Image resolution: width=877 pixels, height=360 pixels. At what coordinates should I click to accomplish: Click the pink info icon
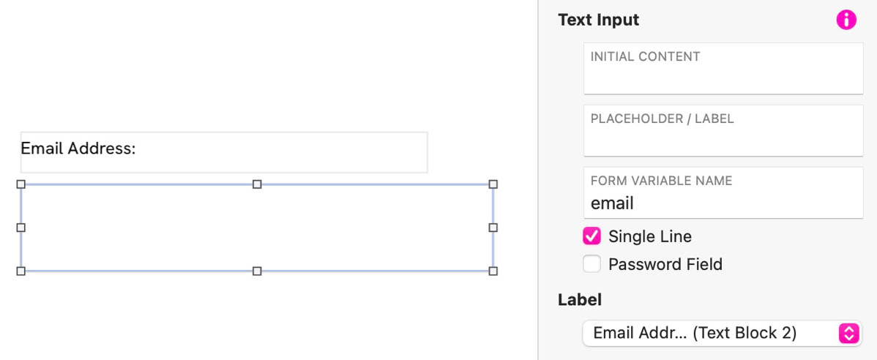coord(846,20)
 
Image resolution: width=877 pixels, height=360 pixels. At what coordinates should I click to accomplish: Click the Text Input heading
coord(599,20)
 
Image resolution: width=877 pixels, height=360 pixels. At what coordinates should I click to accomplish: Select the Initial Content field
coord(723,68)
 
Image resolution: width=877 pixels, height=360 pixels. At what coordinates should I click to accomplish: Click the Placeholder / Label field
coord(723,130)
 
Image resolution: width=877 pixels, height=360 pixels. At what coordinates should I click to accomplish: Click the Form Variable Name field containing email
coord(723,192)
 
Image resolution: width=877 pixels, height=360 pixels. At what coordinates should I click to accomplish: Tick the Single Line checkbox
coord(591,236)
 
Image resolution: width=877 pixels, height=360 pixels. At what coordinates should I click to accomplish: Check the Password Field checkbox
coord(591,263)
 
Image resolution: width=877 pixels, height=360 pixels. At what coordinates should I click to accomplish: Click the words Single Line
coord(650,236)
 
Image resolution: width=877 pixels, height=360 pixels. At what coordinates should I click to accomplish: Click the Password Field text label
coord(665,264)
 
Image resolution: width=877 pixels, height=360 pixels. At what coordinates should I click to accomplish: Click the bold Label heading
coord(580,299)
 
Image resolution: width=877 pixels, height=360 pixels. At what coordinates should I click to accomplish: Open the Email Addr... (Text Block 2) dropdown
coord(722,333)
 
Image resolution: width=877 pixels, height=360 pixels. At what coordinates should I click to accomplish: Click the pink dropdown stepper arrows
coord(848,333)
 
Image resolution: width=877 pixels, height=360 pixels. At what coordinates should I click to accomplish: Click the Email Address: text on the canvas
coord(78,149)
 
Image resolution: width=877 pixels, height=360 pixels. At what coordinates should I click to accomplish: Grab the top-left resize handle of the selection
coord(20,184)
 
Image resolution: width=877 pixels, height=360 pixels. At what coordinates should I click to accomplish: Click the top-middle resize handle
coord(257,184)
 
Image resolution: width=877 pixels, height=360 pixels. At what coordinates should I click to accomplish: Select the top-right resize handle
coord(493,184)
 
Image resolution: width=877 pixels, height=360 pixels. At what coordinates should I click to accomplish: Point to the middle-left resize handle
coord(20,228)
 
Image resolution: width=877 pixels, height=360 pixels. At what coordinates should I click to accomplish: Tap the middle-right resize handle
coord(493,228)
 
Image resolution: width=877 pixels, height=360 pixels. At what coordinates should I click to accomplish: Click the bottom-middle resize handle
coord(257,271)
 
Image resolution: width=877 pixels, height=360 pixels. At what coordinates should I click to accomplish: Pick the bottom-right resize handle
coord(493,271)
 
